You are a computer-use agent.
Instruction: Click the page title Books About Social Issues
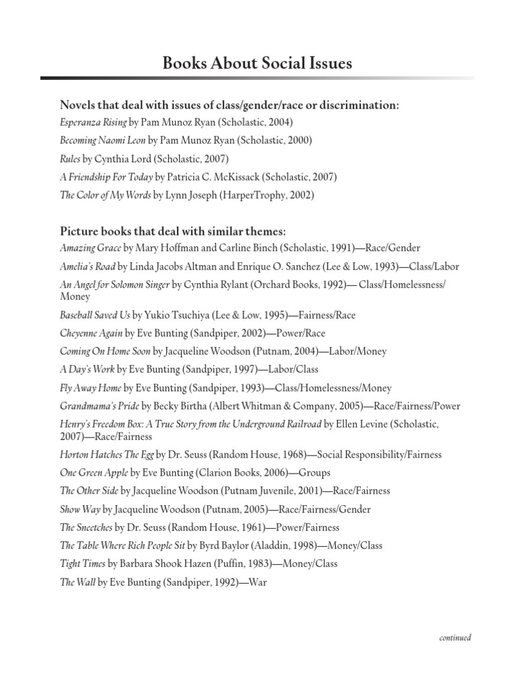(257, 64)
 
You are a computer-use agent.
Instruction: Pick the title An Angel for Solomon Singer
(115, 284)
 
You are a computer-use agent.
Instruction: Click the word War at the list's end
(257, 582)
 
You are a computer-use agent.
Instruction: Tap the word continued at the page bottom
(455, 638)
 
